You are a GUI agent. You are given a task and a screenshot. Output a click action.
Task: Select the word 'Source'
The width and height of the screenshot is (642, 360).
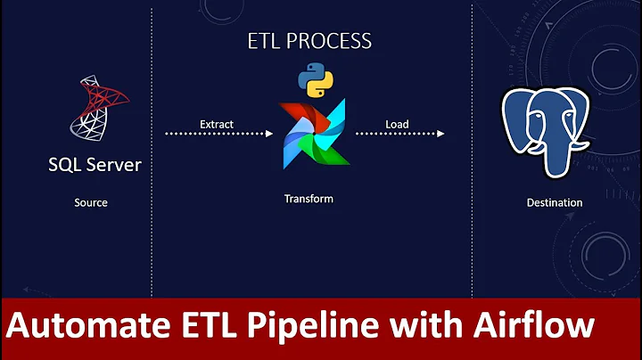(x=91, y=203)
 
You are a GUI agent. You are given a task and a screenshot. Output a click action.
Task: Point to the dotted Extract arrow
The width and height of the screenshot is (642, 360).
(x=219, y=134)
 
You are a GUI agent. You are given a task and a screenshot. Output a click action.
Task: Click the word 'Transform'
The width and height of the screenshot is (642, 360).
(x=309, y=199)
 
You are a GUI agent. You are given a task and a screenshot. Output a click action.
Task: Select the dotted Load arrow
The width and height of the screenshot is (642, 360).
(x=398, y=134)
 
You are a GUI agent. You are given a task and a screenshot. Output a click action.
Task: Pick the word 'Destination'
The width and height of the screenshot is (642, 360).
(x=554, y=203)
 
